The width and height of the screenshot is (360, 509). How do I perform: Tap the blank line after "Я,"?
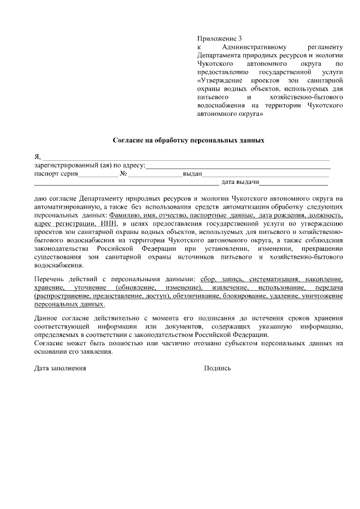[x=186, y=157]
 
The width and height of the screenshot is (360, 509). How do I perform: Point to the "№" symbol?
[x=123, y=174]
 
